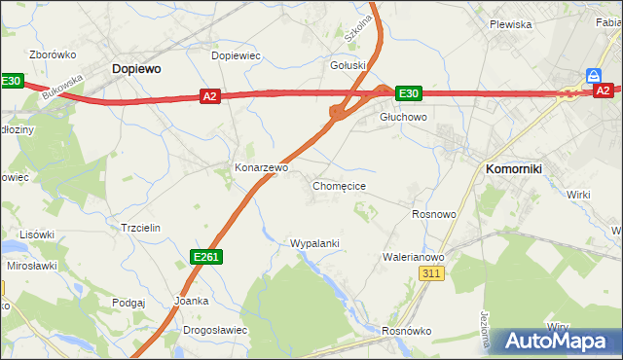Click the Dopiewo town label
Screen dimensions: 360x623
[136, 69]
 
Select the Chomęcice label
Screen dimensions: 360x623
[339, 185]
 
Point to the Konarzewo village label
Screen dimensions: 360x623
[261, 167]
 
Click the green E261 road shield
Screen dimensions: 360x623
[205, 256]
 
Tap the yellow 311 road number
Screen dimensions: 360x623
[432, 275]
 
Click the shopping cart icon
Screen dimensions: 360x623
[593, 75]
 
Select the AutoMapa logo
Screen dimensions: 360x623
[556, 341]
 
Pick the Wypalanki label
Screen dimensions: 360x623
[314, 242]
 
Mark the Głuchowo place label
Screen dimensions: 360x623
[403, 116]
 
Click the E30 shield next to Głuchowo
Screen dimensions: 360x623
[408, 92]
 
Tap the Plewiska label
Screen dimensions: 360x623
[510, 24]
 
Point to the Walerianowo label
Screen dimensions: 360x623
[413, 257]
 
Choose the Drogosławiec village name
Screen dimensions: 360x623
[215, 330]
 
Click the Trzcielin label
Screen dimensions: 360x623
[140, 227]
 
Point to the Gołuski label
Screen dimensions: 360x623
[348, 65]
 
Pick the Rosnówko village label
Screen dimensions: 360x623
[406, 331]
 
